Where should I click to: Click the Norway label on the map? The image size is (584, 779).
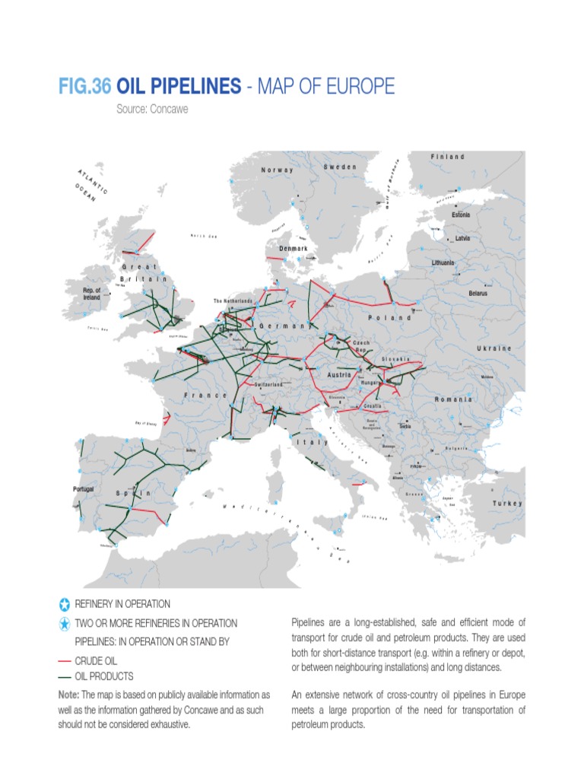[x=278, y=170]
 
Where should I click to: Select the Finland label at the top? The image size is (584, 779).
[x=448, y=157]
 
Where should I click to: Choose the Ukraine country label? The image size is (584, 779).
[x=494, y=348]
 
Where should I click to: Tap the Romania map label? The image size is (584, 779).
[x=453, y=399]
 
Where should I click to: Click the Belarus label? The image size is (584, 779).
[x=478, y=293]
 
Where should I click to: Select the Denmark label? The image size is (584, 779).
[x=293, y=249]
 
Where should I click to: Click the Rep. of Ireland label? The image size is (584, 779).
[x=92, y=294]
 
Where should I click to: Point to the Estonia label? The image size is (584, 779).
[x=461, y=215]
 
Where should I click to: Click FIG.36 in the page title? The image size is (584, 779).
[x=84, y=87]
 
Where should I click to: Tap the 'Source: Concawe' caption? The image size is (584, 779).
[x=152, y=109]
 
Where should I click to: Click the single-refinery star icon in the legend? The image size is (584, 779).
[x=63, y=605]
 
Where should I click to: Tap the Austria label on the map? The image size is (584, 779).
[x=338, y=376]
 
